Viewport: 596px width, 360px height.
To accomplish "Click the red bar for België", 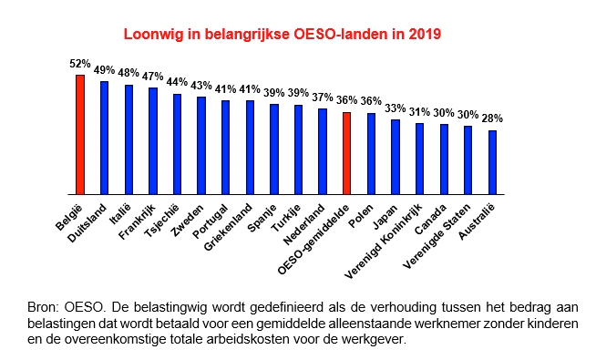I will tap(79, 135).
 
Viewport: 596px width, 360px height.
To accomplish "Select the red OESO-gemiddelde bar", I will tap(346, 153).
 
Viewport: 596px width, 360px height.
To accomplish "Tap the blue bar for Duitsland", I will tap(104, 138).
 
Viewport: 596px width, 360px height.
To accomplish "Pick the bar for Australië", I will tap(492, 162).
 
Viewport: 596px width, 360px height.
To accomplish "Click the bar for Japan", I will tap(395, 157).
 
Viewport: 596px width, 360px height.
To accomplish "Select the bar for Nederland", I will tap(322, 151).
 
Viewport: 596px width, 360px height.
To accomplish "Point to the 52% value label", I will tap(79, 64).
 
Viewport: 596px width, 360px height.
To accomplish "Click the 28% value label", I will tap(493, 118).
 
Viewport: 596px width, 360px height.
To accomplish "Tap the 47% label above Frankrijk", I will tap(152, 77).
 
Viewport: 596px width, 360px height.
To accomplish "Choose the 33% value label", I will tap(396, 108).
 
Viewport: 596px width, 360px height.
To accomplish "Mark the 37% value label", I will tap(323, 97).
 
